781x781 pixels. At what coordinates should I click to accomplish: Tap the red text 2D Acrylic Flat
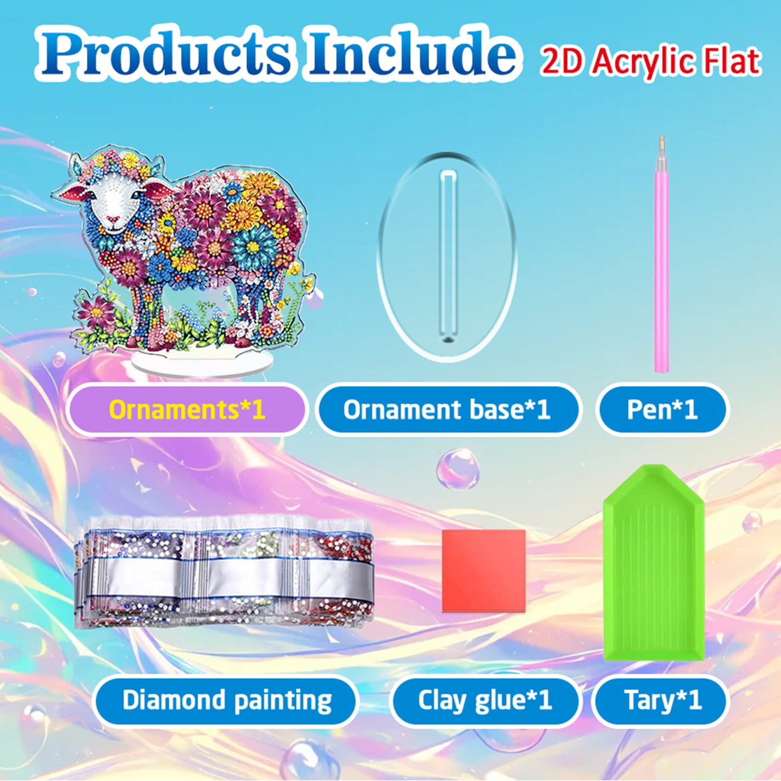point(650,61)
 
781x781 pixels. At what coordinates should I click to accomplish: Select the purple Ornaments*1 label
point(186,410)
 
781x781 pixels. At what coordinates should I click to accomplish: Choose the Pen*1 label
point(662,410)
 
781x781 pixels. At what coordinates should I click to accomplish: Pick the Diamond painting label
point(226,700)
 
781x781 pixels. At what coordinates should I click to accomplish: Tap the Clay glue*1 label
point(484,700)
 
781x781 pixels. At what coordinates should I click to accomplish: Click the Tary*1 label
point(662,700)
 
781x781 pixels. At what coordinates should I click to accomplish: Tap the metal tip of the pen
point(660,144)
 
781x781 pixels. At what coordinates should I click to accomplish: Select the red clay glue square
point(484,570)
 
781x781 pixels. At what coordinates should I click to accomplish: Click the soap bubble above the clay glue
point(457,469)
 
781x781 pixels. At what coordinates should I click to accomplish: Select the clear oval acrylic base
point(411,259)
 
